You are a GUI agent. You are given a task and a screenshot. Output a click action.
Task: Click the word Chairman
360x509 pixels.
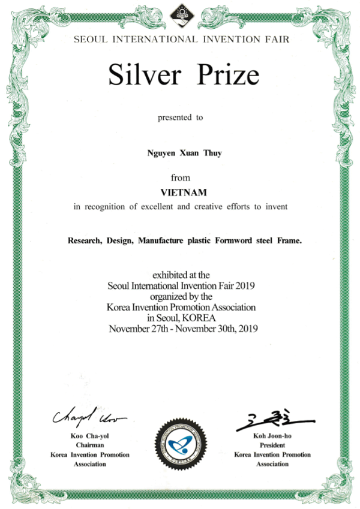click(x=90, y=446)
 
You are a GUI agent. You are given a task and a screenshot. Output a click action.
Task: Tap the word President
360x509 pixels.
click(x=272, y=446)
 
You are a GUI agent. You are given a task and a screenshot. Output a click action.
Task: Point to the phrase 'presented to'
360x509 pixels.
click(x=181, y=118)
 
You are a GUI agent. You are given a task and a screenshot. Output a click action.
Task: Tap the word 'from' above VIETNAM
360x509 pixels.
click(x=181, y=177)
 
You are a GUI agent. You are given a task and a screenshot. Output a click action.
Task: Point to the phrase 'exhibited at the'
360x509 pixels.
click(x=181, y=275)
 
